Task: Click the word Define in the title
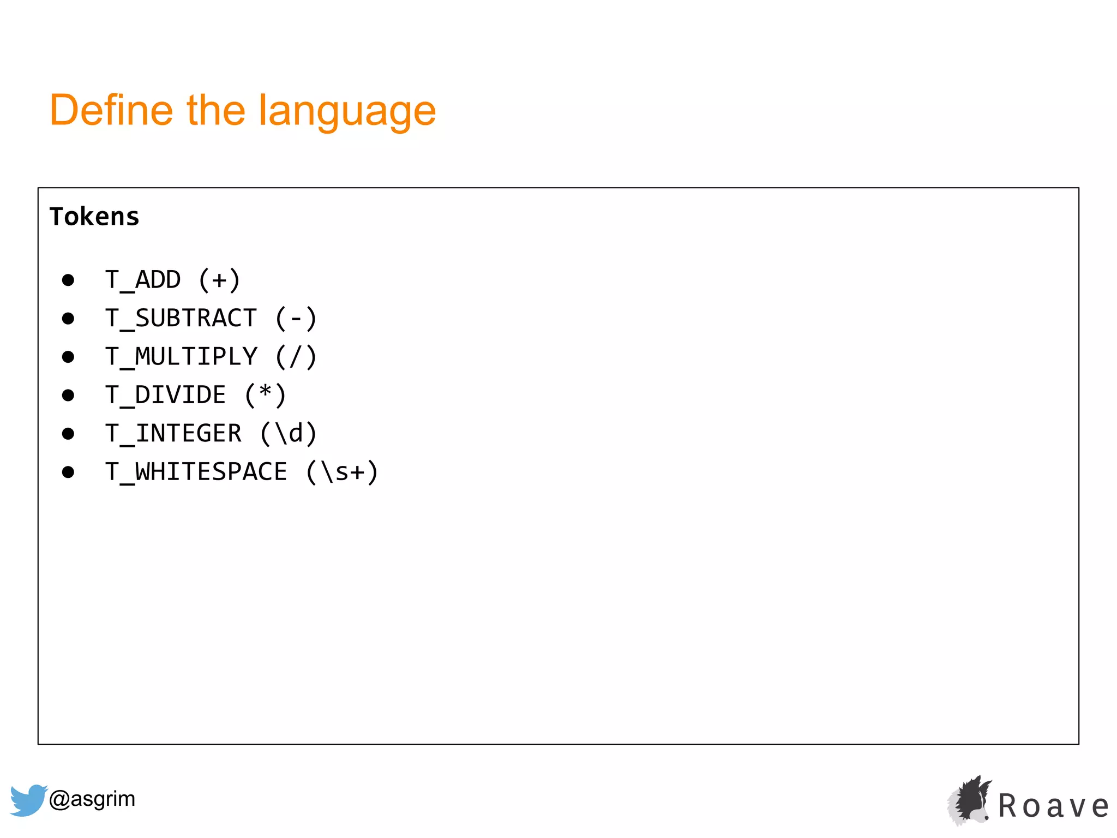[111, 110]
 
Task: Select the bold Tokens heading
[94, 217]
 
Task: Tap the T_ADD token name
[143, 280]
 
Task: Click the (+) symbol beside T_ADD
[219, 280]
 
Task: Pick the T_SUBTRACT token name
[181, 318]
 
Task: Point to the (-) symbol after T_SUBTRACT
[296, 318]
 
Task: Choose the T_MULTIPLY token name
[181, 357]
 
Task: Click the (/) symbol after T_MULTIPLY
[296, 357]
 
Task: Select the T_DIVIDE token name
[165, 395]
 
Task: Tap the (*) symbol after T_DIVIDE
[265, 395]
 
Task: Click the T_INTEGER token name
[173, 434]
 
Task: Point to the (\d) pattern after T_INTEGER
[288, 434]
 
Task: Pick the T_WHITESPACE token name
[196, 472]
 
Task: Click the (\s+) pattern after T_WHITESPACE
[342, 472]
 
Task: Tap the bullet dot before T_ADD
[68, 280]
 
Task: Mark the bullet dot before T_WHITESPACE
[68, 472]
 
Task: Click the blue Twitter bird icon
[28, 800]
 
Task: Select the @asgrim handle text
[92, 799]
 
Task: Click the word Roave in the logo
[1053, 806]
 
